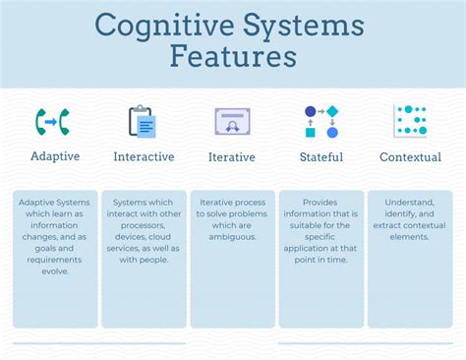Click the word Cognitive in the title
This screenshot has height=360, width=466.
[157, 25]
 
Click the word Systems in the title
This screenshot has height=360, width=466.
[306, 25]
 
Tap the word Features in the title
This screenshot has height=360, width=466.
[233, 56]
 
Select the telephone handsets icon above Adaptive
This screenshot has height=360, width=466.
[54, 121]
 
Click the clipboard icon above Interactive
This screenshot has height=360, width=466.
[143, 121]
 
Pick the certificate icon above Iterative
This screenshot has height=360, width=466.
[232, 121]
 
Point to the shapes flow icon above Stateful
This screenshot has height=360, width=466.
[320, 121]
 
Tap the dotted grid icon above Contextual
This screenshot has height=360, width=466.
[410, 120]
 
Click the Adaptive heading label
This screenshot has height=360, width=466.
[55, 156]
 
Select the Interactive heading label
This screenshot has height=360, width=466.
[144, 156]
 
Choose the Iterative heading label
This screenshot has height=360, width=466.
[232, 156]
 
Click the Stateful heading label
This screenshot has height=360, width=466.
[320, 156]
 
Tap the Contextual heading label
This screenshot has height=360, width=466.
[410, 156]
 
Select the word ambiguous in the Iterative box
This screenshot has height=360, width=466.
[232, 236]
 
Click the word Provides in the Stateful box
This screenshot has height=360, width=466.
[320, 202]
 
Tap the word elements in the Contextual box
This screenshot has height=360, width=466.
[410, 236]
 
